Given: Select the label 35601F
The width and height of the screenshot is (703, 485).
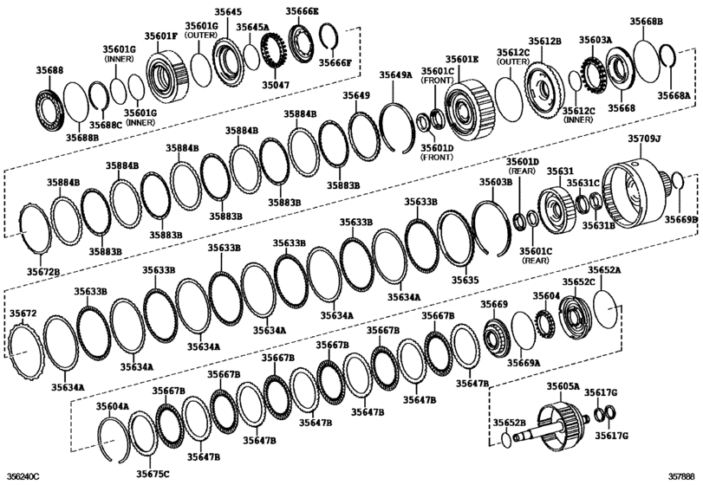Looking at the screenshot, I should tap(161, 36).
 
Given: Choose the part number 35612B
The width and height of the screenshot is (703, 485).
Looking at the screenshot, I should tap(546, 41).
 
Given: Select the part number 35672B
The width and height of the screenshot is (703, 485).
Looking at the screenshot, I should tap(42, 272).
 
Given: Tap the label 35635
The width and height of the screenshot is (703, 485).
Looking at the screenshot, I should tap(465, 280).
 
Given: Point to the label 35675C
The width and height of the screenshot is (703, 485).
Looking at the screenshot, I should tap(153, 472).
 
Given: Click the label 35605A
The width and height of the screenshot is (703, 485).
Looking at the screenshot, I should tap(563, 385).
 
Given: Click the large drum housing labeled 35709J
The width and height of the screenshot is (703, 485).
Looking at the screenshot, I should tap(638, 187).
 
